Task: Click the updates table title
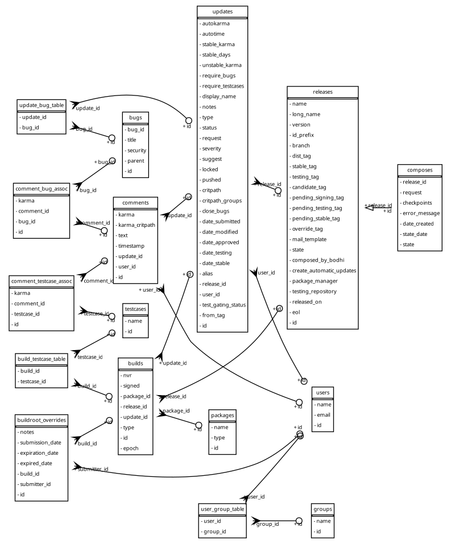(x=222, y=11)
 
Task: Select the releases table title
(x=322, y=92)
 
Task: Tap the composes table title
(x=420, y=170)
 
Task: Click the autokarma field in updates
(x=216, y=23)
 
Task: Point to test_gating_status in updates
(x=224, y=305)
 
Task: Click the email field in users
(x=324, y=414)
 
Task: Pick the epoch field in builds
(x=130, y=448)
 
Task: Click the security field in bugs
(x=136, y=150)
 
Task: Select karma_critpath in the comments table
(x=136, y=225)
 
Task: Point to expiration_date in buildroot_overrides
(x=38, y=453)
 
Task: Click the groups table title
(x=322, y=509)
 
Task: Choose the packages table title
(x=222, y=415)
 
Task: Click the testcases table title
(x=135, y=309)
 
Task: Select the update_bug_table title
(x=42, y=105)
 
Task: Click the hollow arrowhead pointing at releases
(x=369, y=209)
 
